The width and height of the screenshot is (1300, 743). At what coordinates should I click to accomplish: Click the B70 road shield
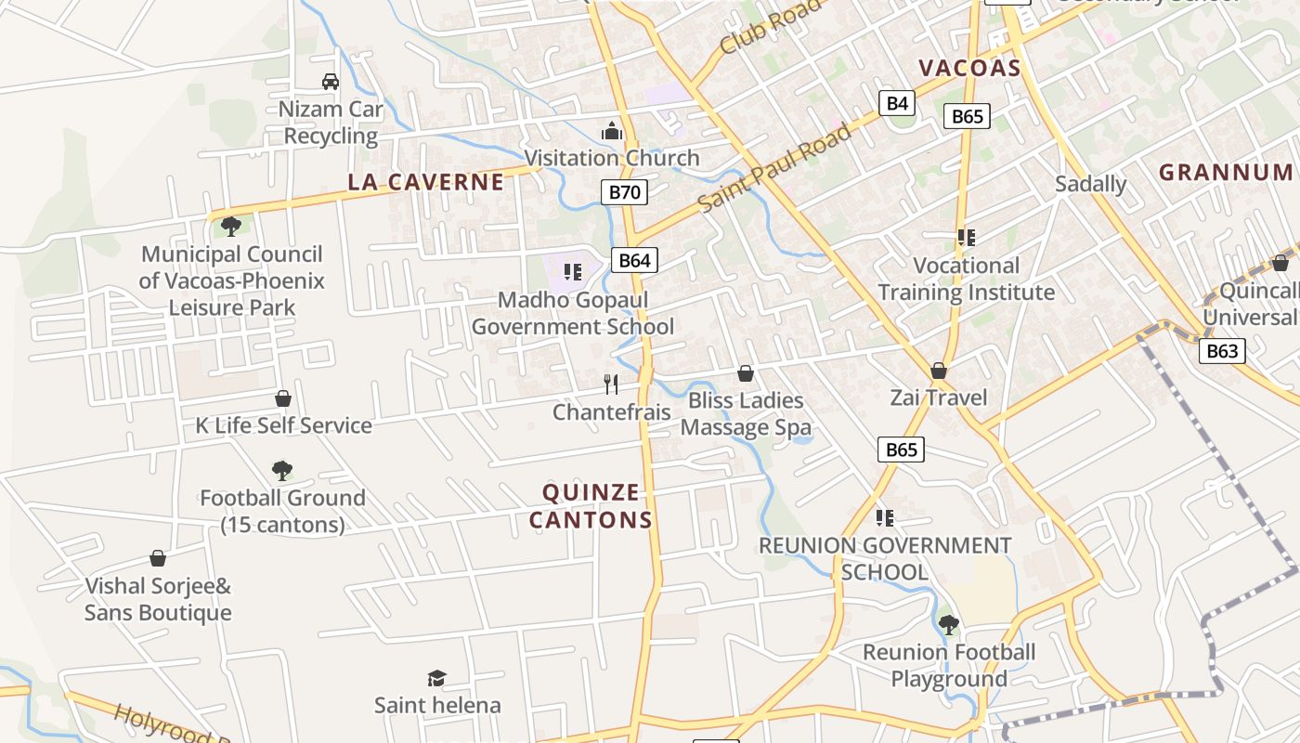[x=624, y=193]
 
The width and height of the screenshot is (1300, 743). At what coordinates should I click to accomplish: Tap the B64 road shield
[x=634, y=260]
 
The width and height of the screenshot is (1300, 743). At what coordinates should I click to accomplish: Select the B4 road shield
[x=897, y=103]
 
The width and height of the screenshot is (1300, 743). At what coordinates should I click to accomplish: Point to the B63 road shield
[x=1221, y=351]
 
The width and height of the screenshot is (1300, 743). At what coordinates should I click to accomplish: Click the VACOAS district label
[x=969, y=68]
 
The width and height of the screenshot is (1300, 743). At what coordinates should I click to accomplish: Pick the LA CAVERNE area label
[x=426, y=182]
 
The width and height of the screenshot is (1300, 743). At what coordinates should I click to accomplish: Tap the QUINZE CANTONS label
[x=591, y=506]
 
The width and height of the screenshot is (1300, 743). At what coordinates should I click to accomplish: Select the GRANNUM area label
[x=1226, y=172]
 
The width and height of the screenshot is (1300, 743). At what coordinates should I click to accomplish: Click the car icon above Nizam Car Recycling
[x=331, y=82]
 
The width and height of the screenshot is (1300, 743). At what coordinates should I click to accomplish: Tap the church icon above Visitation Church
[x=611, y=131]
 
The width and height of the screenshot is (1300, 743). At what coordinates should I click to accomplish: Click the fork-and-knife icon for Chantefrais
[x=611, y=384]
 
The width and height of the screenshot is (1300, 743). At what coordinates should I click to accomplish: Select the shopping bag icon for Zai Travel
[x=939, y=371]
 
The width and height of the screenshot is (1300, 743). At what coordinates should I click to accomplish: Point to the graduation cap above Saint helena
[x=436, y=678]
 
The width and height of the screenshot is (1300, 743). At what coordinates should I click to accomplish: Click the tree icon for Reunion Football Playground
[x=948, y=624]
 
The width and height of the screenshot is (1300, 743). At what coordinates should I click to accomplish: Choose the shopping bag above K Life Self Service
[x=283, y=398]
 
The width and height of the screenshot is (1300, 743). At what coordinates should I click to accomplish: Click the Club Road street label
[x=770, y=27]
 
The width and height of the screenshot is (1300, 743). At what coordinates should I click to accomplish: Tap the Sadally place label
[x=1090, y=184]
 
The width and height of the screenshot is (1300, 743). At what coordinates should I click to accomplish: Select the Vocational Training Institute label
[x=966, y=279]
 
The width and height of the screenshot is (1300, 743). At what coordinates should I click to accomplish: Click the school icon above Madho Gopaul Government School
[x=572, y=272]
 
